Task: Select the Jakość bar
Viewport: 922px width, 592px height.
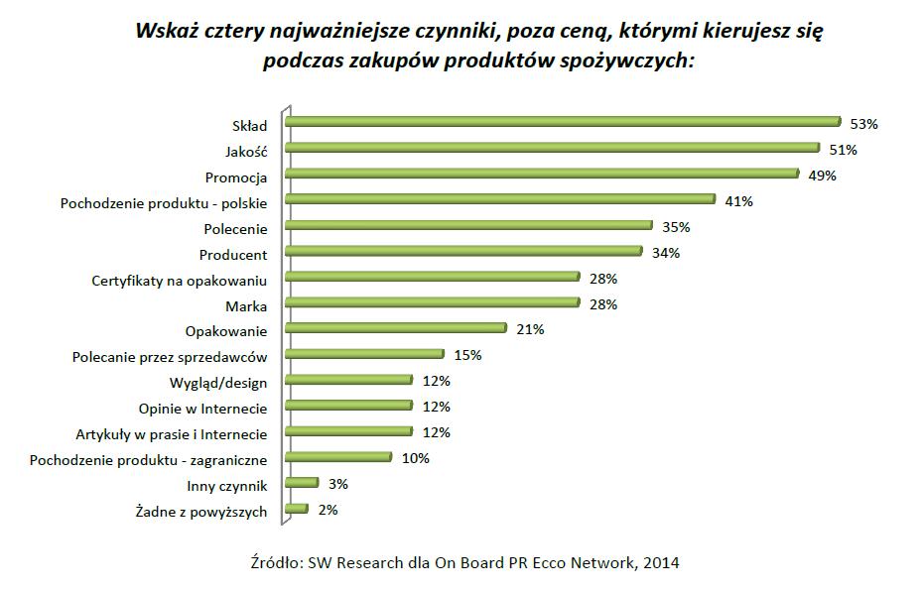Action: [x=552, y=148]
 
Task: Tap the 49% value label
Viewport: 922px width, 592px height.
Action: [x=823, y=176]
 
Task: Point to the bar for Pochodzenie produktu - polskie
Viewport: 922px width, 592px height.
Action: [x=499, y=199]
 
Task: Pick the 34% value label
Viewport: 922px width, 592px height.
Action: [x=666, y=253]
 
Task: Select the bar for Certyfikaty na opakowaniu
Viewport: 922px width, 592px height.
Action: [x=432, y=277]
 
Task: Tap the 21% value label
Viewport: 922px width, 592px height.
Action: [x=530, y=330]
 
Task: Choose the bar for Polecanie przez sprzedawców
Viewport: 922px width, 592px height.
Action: [x=363, y=354]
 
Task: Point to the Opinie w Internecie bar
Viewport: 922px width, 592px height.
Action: [x=347, y=406]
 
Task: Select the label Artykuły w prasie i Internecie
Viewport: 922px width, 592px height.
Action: [x=172, y=434]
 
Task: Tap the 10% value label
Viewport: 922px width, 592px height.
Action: [x=416, y=458]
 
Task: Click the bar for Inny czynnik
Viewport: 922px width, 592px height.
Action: [x=301, y=483]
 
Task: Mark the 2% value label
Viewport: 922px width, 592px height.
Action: [x=328, y=510]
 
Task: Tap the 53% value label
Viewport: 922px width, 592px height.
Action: [x=864, y=124]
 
